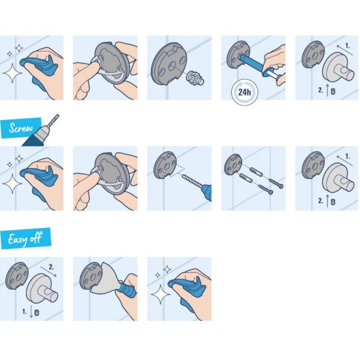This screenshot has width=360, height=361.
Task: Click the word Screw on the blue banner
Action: pos(21,127)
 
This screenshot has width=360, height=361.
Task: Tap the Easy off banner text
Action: pos(25,238)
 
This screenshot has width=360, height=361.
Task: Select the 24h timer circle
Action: pos(245,92)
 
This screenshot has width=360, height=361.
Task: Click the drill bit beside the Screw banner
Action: pos(53,120)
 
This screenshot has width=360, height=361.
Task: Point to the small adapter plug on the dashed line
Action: pos(194,78)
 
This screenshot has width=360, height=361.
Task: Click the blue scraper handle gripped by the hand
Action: pos(127,290)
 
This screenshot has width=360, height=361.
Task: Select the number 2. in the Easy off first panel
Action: pos(51,267)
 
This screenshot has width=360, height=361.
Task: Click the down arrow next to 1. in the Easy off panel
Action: pos(31,312)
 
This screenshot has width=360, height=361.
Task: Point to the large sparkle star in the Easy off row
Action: pos(160,294)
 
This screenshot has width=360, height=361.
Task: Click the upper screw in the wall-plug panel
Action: pos(276,183)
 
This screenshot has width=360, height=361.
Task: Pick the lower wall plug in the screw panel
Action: pos(245,178)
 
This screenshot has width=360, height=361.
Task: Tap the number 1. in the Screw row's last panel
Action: pos(348,157)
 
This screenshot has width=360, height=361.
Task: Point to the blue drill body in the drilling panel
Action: pos(207,192)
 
